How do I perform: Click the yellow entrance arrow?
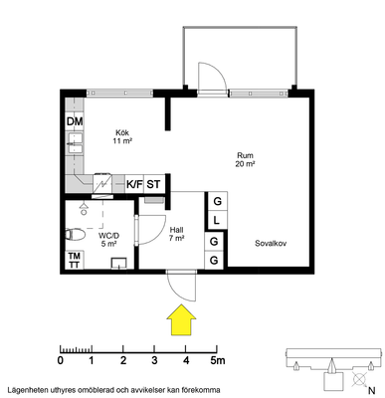[x=181, y=320]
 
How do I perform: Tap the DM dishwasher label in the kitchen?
[x=75, y=121]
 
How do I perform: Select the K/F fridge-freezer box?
[x=134, y=184]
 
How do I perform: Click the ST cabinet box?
[x=153, y=184]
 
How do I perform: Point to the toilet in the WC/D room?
[x=75, y=235]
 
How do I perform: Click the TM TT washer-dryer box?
[x=75, y=260]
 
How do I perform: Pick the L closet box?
[x=217, y=220]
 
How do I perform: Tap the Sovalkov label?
[x=271, y=243]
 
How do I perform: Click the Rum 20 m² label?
[x=245, y=159]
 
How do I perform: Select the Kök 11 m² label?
[x=122, y=136]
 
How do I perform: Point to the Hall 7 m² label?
[x=176, y=234]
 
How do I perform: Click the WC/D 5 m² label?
[x=108, y=240]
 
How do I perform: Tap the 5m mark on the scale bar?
[x=218, y=360]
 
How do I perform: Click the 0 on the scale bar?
[x=61, y=360]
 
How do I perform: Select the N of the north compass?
[x=372, y=390]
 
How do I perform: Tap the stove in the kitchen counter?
[x=102, y=183]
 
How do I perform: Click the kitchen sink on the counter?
[x=75, y=143]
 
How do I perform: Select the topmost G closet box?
[x=217, y=201]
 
